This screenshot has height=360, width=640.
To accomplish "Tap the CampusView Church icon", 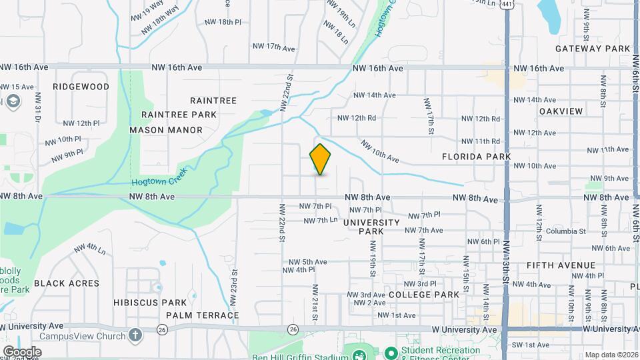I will click(x=136, y=335).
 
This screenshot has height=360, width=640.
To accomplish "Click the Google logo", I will click(x=22, y=351).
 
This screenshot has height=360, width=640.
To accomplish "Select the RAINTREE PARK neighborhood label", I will click(x=179, y=115).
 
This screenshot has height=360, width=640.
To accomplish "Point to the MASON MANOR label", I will click(x=166, y=130).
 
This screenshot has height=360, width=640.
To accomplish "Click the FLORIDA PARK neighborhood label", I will click(x=476, y=157).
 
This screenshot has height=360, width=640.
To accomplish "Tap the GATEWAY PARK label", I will click(x=593, y=49).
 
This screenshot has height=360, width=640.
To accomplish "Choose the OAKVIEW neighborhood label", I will click(x=561, y=111).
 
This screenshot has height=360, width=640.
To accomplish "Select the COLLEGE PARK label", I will click(x=423, y=295).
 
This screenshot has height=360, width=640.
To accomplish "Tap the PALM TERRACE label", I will click(x=203, y=315).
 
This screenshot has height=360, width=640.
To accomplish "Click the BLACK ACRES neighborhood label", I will click(x=67, y=283).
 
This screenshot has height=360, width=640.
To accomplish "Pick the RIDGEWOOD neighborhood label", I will click(x=81, y=87).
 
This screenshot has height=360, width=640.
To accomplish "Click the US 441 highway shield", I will click(x=508, y=5).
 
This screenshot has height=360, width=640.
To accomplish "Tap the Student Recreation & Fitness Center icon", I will click(x=391, y=352).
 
